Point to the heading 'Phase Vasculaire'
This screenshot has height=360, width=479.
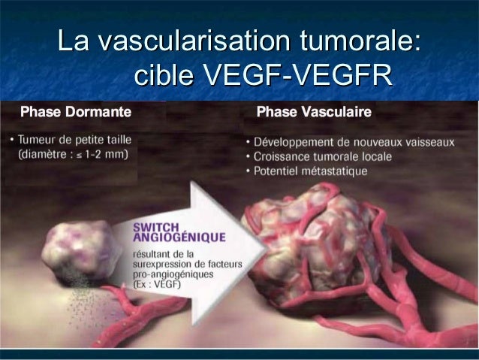[313, 113]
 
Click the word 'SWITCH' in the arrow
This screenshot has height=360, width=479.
[155, 225]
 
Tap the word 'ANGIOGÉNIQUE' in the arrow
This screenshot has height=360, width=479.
[179, 237]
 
